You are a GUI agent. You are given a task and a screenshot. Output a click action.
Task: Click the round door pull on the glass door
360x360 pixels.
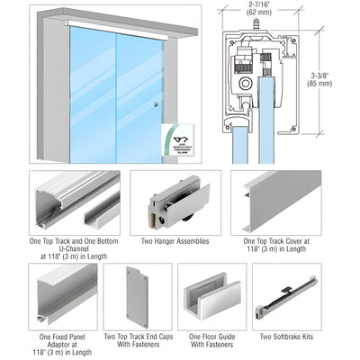coord(156,104)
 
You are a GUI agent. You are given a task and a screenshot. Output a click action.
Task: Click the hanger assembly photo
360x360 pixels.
coord(175,202)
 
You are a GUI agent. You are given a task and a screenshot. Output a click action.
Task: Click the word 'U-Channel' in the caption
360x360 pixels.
coord(76,248)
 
